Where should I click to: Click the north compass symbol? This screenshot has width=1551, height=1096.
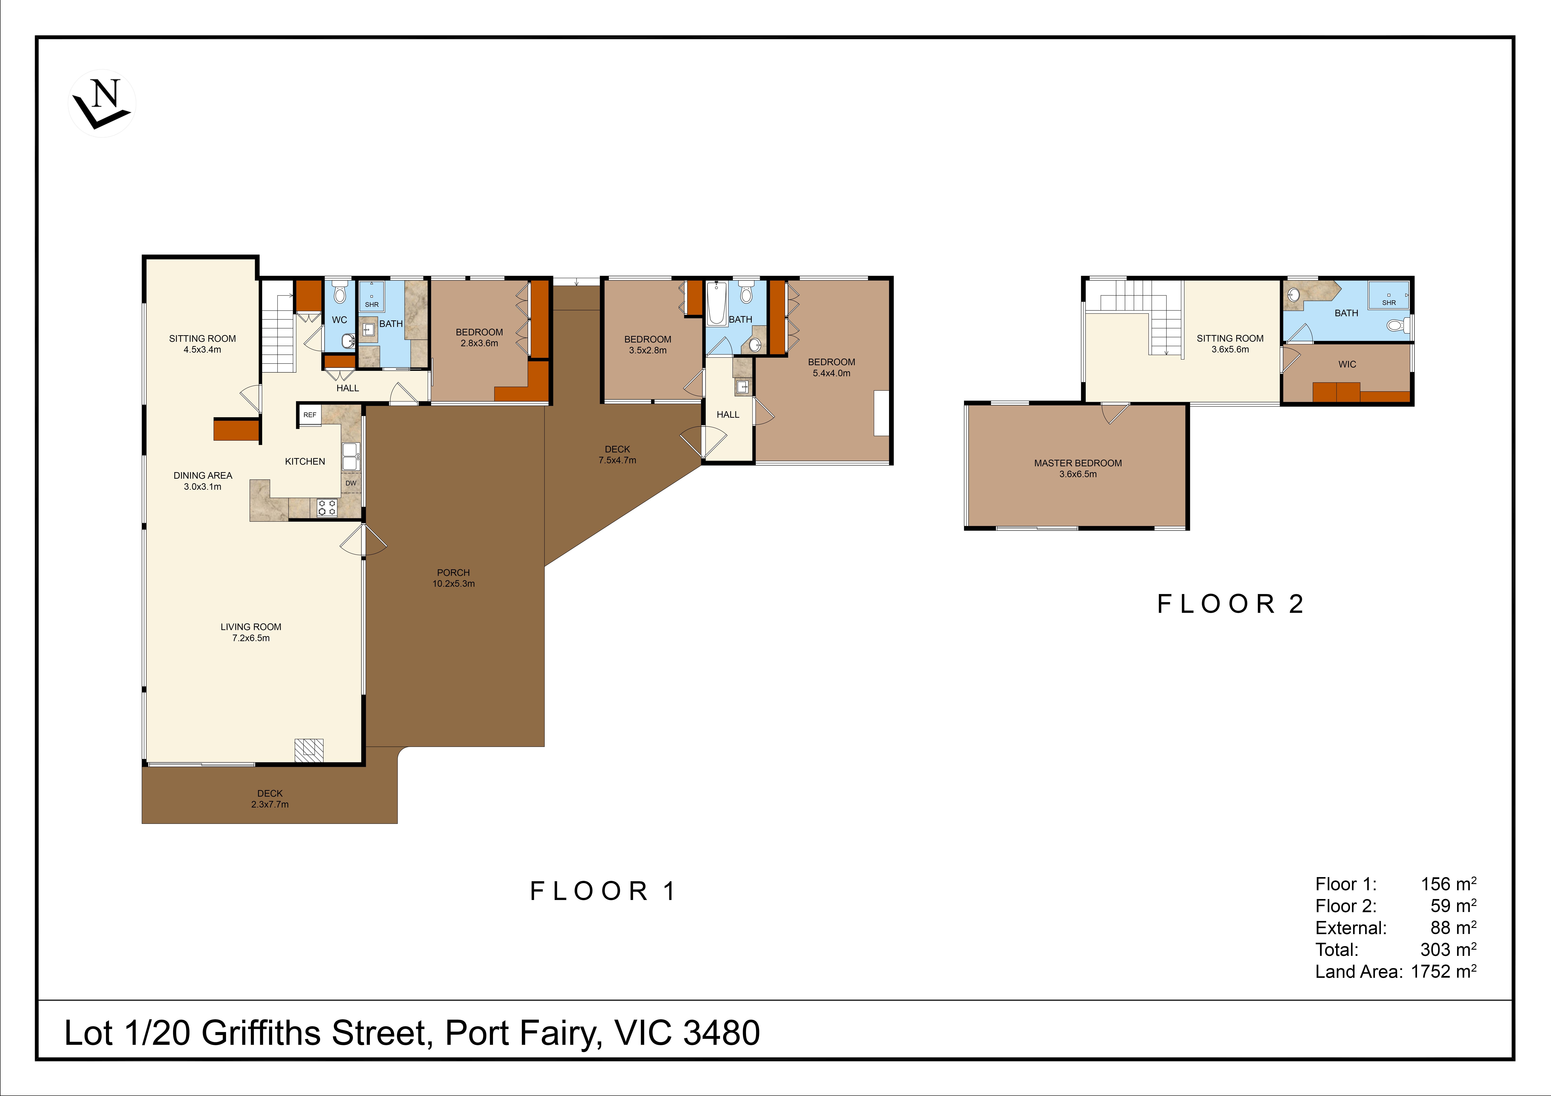[102, 103]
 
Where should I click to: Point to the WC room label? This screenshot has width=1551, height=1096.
[339, 320]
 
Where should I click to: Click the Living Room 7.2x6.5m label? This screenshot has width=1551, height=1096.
[251, 632]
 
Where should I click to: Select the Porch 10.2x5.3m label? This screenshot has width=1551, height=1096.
[453, 578]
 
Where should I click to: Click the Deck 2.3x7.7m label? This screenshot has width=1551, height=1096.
[270, 799]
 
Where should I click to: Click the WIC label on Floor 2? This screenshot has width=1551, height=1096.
[1347, 365]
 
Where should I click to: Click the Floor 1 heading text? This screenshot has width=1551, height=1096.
[603, 891]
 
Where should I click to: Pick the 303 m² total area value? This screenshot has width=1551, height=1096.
[1448, 950]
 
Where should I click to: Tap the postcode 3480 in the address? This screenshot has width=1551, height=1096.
[721, 1033]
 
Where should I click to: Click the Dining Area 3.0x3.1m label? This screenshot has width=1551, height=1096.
[203, 481]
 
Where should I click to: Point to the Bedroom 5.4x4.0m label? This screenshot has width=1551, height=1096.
[832, 367]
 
